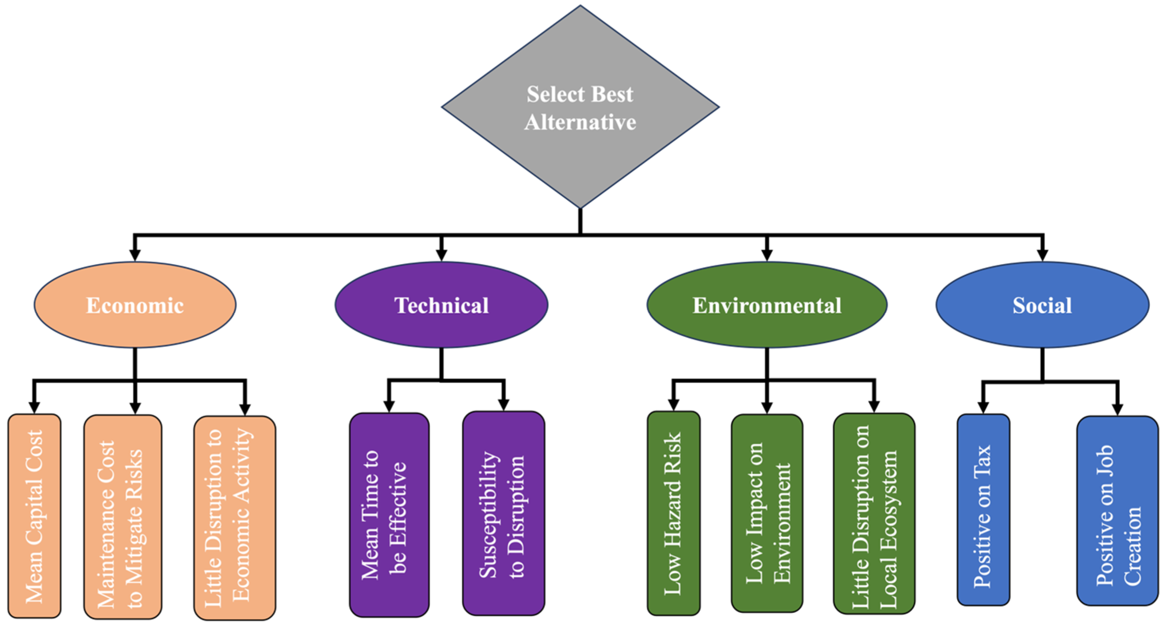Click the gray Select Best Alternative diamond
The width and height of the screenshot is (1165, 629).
[580, 107]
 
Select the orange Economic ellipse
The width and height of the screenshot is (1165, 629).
[135, 305]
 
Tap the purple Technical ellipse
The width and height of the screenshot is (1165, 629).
[441, 305]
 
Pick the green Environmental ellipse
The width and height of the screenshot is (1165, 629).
[767, 305]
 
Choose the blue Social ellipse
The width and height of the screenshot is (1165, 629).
[1042, 305]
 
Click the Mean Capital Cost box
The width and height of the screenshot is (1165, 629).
[34, 516]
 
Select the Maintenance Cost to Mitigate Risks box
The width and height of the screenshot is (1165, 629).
[123, 516]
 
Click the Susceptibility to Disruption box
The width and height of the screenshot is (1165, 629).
[503, 513]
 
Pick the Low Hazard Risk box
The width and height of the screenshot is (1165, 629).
[673, 513]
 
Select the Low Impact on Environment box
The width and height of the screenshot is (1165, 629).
[767, 513]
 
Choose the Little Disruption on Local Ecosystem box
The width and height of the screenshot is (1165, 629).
[874, 513]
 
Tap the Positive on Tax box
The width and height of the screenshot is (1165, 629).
[983, 510]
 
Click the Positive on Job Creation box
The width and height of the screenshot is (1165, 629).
[1117, 511]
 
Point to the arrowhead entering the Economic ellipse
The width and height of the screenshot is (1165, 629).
[135, 255]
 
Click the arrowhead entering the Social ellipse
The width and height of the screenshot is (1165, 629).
[1042, 255]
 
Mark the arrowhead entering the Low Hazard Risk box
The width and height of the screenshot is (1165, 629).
[673, 405]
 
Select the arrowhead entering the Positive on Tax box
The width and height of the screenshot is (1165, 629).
[983, 408]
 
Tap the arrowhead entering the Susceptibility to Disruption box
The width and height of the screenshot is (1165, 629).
[503, 405]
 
